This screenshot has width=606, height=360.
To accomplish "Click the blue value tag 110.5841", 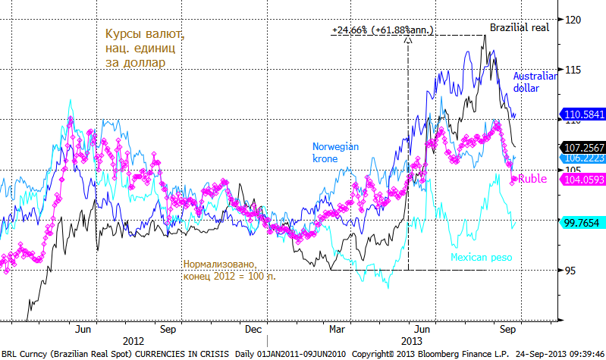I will coord(584,114).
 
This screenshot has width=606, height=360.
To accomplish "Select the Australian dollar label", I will coord(535,82).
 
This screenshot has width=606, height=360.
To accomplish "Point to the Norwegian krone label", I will coord(336,152).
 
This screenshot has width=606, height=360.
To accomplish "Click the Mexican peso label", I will coord(482,258).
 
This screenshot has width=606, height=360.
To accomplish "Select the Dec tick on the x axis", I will coord(254,330).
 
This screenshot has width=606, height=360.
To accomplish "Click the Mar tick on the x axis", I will coord(338,330).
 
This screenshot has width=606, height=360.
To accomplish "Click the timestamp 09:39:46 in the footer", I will coord(580,354).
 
